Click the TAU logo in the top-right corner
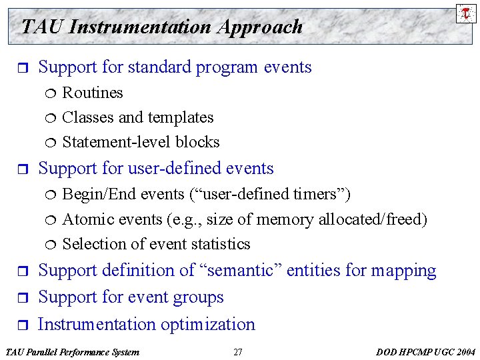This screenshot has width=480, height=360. point(466,13)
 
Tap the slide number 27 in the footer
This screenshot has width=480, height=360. point(238,352)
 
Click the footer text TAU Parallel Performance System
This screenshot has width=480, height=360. point(72,352)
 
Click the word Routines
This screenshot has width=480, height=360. point(93,93)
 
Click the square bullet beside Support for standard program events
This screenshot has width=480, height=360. point(20,68)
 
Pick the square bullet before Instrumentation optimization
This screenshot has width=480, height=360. point(20,325)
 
